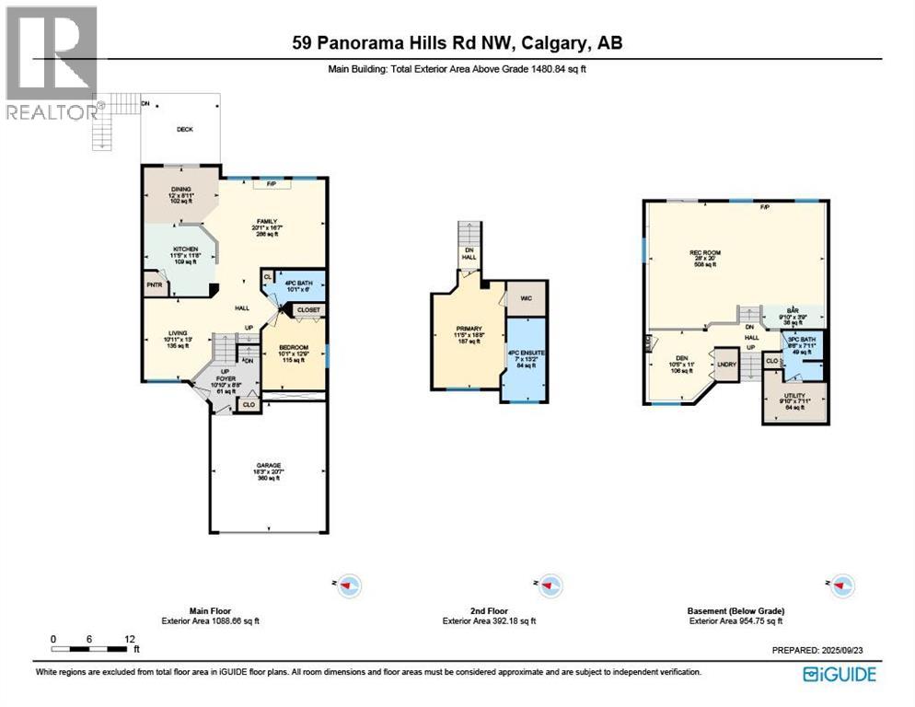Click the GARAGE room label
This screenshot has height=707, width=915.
pos(267,466)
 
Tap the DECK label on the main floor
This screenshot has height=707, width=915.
pos(185,130)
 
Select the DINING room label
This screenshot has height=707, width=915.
pos(180,189)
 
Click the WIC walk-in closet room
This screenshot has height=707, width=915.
pos(527,298)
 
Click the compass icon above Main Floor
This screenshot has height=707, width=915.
pos(349,585)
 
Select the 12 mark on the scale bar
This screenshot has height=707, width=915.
pos(130,639)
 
